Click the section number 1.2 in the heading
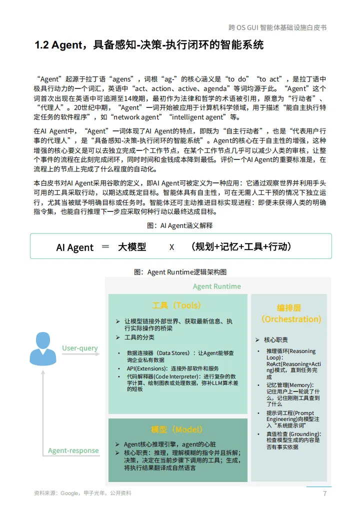click(42, 45)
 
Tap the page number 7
click(324, 493)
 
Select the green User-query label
click(80, 348)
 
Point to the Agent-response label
click(73, 450)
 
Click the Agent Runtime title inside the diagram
click(216, 286)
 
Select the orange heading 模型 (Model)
click(177, 429)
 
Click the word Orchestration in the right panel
click(291, 319)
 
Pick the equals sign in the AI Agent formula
click(105, 246)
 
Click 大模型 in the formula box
click(132, 246)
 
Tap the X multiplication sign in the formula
click(171, 247)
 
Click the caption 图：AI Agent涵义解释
click(180, 225)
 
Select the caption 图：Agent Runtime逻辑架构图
click(180, 272)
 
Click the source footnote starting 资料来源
click(82, 493)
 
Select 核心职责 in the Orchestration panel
click(276, 340)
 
